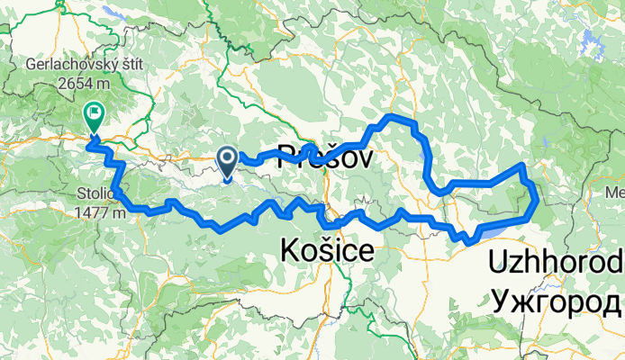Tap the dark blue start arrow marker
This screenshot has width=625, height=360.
226,161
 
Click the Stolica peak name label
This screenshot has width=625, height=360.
95,195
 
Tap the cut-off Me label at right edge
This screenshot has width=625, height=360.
614,193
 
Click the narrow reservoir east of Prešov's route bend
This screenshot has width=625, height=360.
424,162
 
